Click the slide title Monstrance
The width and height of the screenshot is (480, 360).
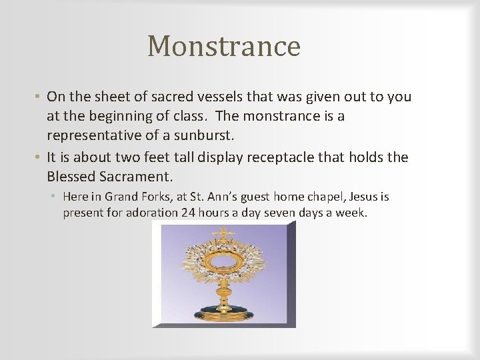224,47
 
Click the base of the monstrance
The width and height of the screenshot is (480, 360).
223,313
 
